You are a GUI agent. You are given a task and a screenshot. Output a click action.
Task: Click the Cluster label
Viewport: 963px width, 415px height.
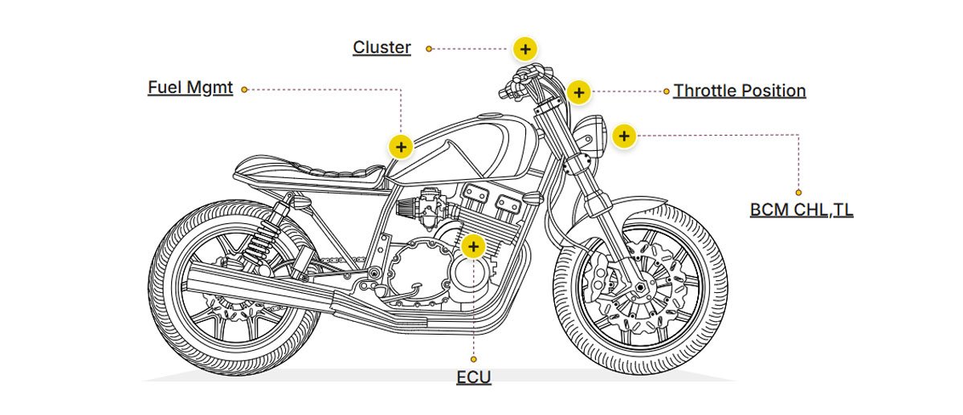(x=382, y=47)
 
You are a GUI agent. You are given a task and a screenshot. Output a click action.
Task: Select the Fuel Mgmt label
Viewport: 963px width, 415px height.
(x=190, y=87)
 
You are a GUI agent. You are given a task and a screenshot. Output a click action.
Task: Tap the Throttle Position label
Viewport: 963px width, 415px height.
(x=739, y=91)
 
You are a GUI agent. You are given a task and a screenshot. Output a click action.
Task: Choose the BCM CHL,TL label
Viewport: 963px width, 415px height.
(x=802, y=210)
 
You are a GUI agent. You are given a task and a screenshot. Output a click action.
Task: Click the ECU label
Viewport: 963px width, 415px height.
(x=474, y=377)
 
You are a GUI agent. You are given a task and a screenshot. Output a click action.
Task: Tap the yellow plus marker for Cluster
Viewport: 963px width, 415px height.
(x=524, y=49)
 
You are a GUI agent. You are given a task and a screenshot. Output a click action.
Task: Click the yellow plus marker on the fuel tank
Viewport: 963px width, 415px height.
(x=401, y=146)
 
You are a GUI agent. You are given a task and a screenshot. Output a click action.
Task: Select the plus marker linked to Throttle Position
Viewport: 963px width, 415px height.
(x=578, y=92)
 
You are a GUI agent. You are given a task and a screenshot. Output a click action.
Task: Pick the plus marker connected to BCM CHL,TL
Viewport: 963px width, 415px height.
(x=624, y=136)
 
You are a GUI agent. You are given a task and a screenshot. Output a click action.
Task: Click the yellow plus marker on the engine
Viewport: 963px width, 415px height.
(x=474, y=246)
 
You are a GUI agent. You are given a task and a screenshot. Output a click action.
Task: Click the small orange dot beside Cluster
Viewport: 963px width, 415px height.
(x=429, y=49)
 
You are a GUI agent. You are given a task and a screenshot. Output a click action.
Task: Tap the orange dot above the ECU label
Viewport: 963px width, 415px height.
(x=474, y=359)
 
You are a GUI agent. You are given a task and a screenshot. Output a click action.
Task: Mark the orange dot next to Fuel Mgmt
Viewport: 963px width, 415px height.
(x=244, y=89)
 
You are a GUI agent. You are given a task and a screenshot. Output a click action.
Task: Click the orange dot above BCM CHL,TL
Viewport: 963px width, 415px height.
(x=798, y=193)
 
